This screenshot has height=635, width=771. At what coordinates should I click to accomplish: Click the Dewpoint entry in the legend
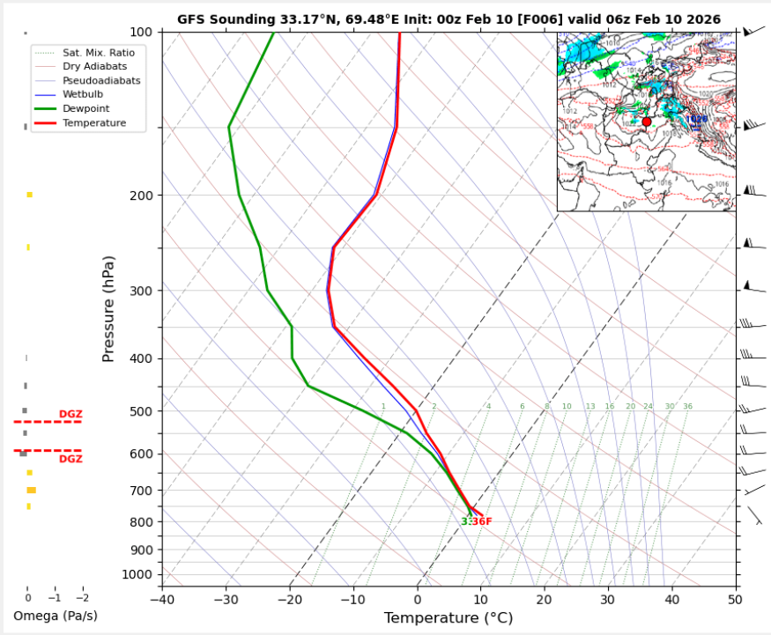pyautogui.click(x=85, y=108)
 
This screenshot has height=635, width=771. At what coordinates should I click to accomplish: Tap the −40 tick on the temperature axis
pyautogui.click(x=162, y=599)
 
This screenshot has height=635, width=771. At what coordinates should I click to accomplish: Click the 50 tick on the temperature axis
pyautogui.click(x=735, y=599)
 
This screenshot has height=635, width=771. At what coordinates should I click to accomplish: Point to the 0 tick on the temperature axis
pyautogui.click(x=418, y=599)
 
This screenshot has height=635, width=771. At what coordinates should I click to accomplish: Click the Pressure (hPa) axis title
pyautogui.click(x=109, y=308)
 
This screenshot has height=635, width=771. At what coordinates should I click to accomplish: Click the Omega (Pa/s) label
pyautogui.click(x=56, y=615)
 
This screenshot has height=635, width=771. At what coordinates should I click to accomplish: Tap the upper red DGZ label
pyautogui.click(x=70, y=414)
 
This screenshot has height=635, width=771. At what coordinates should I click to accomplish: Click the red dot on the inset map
pyautogui.click(x=647, y=122)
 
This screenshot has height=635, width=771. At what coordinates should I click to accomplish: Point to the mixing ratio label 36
pyautogui.click(x=687, y=406)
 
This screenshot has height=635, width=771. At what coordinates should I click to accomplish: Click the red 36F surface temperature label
pyautogui.click(x=481, y=521)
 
